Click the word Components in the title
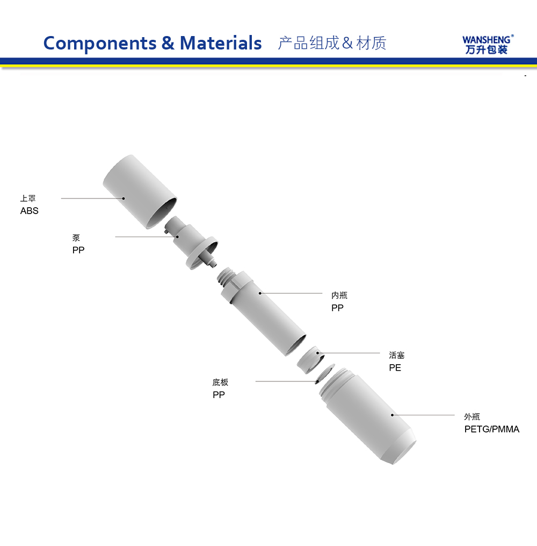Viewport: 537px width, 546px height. (x=100, y=44)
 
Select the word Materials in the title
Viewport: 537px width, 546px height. (x=220, y=43)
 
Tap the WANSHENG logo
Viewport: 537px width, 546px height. (x=488, y=45)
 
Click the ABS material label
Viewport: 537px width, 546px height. (x=29, y=211)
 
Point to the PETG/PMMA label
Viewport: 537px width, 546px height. (x=492, y=429)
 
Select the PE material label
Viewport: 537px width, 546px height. (x=395, y=368)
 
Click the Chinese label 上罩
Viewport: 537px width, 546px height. (x=28, y=198)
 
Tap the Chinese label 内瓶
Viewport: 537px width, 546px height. (x=339, y=295)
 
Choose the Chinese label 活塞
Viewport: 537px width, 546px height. (x=397, y=355)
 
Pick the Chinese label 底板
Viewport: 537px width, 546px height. (x=220, y=382)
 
